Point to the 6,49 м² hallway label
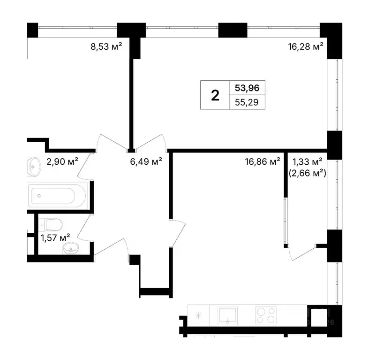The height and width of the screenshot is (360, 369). [146, 161]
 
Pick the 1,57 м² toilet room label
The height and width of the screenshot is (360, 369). [55, 237]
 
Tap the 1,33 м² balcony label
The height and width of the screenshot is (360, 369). [308, 161]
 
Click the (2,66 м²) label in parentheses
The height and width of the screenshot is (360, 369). [308, 173]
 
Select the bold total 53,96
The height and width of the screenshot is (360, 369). [247, 87]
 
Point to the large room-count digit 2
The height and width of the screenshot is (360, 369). [215, 95]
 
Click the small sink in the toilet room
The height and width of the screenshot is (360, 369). [72, 248]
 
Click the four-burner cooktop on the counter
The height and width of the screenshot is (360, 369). [265, 315]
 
